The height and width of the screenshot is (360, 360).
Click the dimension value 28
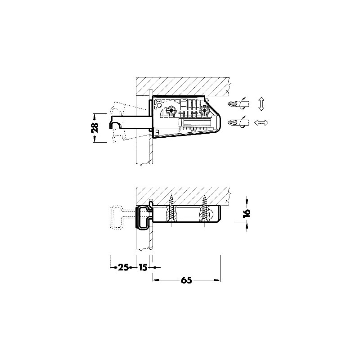(95, 128)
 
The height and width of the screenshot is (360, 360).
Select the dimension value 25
(123, 267)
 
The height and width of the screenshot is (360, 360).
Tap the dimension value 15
(143, 267)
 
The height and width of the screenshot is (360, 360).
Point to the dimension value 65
(186, 280)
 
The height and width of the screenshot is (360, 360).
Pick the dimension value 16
(247, 213)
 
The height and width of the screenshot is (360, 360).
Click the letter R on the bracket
(157, 132)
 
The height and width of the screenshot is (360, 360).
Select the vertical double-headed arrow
(261, 104)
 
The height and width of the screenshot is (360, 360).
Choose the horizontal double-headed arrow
(261, 122)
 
